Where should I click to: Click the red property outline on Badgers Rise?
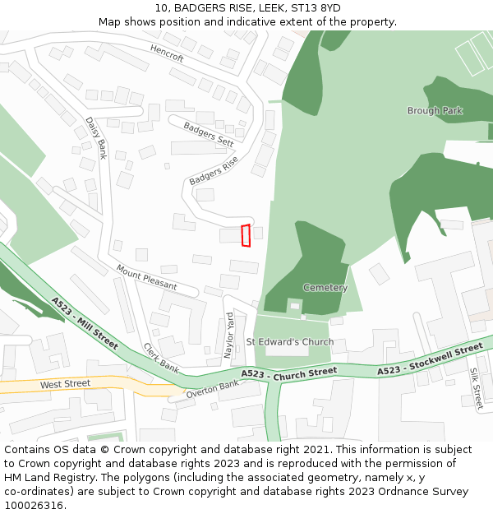click(245, 235)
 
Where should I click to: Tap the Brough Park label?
click(435, 111)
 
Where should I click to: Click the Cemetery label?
click(325, 288)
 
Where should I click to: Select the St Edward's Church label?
click(290, 342)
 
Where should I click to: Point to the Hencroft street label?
click(167, 53)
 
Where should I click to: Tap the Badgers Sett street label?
click(209, 133)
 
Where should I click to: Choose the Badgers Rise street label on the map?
click(214, 170)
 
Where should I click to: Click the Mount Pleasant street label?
click(146, 277)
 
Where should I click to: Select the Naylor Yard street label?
click(230, 333)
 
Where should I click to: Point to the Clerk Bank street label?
click(161, 358)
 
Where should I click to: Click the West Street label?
click(65, 384)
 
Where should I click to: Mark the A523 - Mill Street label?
click(85, 322)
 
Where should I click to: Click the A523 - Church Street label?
click(288, 373)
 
